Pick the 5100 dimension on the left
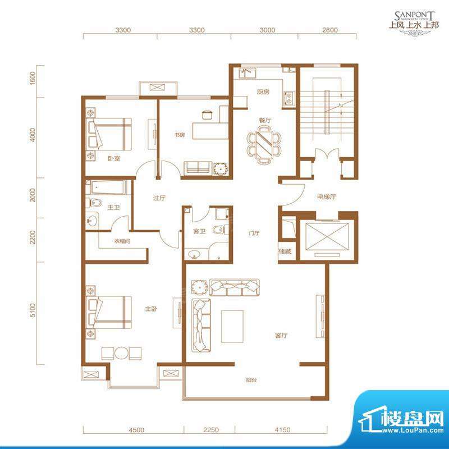point(34,310)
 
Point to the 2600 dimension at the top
point(331,30)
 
